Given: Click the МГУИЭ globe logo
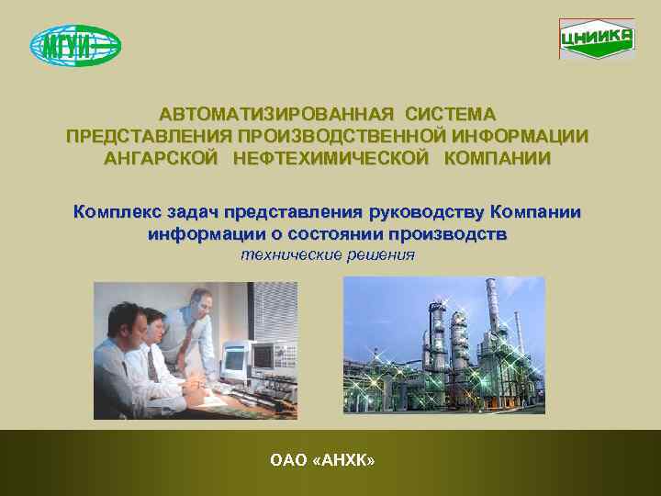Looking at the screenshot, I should pyautogui.click(x=75, y=45).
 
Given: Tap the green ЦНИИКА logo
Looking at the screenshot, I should pyautogui.click(x=596, y=39).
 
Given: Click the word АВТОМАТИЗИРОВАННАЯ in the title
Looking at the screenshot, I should pyautogui.click(x=277, y=115).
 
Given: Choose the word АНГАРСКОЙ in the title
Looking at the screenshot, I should pyautogui.click(x=161, y=158).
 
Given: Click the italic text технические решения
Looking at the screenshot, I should pyautogui.click(x=328, y=254).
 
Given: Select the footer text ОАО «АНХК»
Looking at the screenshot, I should pyautogui.click(x=322, y=459).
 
